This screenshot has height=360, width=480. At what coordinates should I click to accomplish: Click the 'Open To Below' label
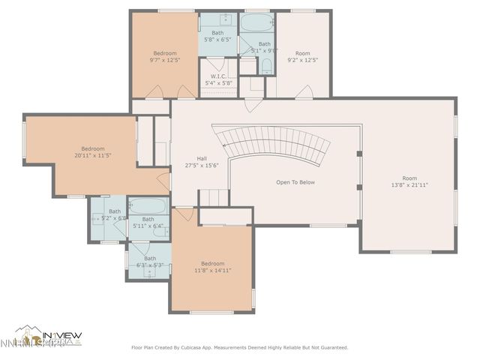point(295,182)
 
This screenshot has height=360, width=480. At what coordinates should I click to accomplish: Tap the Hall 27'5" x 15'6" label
point(202,162)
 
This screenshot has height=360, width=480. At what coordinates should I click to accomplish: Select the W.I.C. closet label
point(217,79)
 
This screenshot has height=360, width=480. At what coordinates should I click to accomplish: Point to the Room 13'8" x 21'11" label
point(409,181)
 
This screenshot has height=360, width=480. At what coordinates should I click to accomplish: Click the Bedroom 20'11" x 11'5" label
point(93,152)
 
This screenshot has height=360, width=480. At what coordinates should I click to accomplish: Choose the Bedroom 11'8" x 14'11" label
point(212,267)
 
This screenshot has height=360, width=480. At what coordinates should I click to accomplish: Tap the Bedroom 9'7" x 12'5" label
point(165,57)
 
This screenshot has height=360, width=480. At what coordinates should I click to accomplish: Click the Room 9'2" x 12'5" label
point(302,57)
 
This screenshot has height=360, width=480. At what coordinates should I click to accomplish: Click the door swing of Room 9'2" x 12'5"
point(304,92)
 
